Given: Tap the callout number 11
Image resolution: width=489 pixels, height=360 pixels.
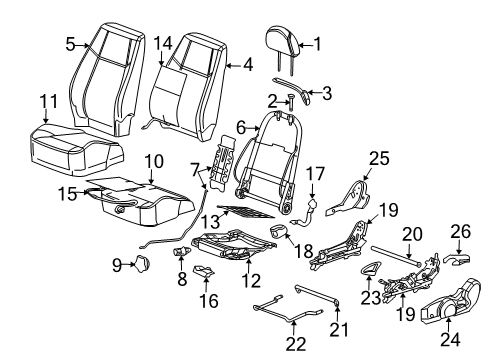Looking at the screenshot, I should pyautogui.click(x=48, y=101).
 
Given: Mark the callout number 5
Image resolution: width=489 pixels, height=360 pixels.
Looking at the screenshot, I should pyautogui.click(x=70, y=44).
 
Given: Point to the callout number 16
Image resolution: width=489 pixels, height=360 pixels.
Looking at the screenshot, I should pyautogui.click(x=209, y=327).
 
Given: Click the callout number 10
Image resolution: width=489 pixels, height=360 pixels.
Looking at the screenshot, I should pyautogui.click(x=152, y=160).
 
